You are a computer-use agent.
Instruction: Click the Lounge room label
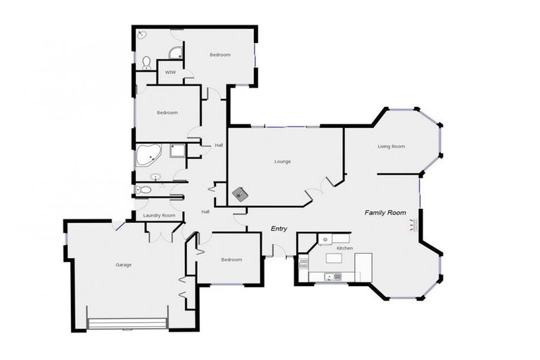coord(282,162)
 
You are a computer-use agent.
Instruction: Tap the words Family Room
coord(385,212)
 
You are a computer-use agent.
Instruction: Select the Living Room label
coord(391,146)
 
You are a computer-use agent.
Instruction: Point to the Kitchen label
coord(344,248)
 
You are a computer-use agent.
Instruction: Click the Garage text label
coord(124,264)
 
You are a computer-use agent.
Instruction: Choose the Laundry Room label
coord(158,216)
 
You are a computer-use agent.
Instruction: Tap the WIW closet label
coord(169,72)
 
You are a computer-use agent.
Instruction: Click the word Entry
coord(280,229)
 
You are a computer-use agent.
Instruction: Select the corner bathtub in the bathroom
coord(148,156)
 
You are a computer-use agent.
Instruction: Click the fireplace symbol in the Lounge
coord(242,193)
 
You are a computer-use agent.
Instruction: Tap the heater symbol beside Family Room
coord(413,225)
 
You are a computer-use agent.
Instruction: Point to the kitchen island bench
coord(335,259)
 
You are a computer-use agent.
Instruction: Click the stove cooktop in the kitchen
coord(304,264)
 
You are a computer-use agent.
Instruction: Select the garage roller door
coord(127,323)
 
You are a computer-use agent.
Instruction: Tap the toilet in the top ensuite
coord(146,63)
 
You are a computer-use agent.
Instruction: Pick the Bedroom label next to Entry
coord(231,259)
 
